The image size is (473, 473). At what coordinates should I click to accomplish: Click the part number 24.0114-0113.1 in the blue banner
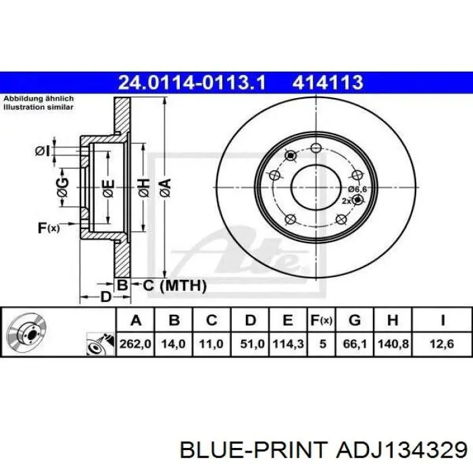[x=192, y=82]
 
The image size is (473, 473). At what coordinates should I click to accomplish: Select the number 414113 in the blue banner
[x=328, y=82]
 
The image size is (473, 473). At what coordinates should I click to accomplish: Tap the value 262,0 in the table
[x=135, y=344]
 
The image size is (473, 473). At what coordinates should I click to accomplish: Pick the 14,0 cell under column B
[x=174, y=344]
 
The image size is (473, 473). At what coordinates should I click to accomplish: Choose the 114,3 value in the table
[x=288, y=344]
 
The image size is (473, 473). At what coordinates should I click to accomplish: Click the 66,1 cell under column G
[x=355, y=344]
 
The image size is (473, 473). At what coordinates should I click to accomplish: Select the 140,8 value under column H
[x=393, y=344]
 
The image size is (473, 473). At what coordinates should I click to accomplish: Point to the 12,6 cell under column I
[x=442, y=344]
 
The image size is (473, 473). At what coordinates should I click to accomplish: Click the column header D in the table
[x=251, y=320]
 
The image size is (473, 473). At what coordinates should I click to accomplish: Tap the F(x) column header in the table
[x=322, y=320]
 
